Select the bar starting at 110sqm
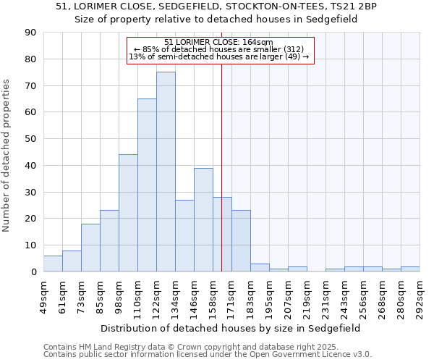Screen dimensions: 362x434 [x=147, y=185]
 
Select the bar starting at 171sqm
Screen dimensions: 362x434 [x=241, y=241]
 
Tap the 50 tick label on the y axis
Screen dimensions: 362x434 [x=30, y=139]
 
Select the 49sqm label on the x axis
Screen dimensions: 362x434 [x=43, y=297]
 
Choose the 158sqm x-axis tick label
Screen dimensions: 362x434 [x=213, y=297]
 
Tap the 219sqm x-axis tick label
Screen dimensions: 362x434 [x=307, y=297]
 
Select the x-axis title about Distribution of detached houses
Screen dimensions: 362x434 [x=231, y=328]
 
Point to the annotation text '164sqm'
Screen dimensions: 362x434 [x=258, y=42]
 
